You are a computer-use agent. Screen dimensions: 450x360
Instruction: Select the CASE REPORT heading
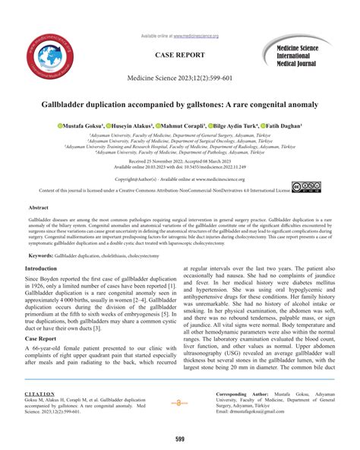[x=179, y=56]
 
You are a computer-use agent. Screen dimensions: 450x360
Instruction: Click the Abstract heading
[x=39, y=207]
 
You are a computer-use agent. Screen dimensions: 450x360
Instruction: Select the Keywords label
[x=40, y=256]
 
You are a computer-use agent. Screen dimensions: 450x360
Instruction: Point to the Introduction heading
[x=46, y=269]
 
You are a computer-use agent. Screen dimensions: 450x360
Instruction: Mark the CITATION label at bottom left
[x=39, y=395]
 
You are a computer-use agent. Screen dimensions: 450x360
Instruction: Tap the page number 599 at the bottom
[x=180, y=439]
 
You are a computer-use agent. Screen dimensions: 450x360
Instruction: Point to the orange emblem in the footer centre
[x=179, y=402]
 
